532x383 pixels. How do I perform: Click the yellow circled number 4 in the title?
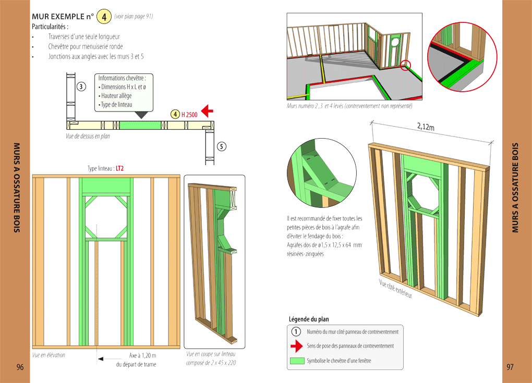(104, 17)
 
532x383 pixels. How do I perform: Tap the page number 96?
(20, 367)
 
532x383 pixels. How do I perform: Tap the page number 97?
(510, 367)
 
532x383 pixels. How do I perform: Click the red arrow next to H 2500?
(207, 110)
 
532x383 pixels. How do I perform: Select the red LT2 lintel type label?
(119, 168)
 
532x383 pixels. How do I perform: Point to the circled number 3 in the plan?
(81, 87)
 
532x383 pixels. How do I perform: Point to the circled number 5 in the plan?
(222, 146)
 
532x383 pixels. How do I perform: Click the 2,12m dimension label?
(427, 126)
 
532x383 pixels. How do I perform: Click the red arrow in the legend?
(296, 345)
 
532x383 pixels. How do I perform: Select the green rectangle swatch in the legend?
(296, 360)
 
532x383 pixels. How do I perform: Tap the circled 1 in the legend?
(296, 331)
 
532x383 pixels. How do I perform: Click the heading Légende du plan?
(309, 319)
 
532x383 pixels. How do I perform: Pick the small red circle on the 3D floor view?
(406, 65)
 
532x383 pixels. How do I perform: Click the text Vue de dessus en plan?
(84, 136)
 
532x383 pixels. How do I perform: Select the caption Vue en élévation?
(49, 355)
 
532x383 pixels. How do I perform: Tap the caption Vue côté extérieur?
(395, 288)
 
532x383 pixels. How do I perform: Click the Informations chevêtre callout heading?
(122, 78)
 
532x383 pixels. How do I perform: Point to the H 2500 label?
(189, 114)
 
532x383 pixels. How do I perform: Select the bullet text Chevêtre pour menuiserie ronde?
(86, 46)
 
